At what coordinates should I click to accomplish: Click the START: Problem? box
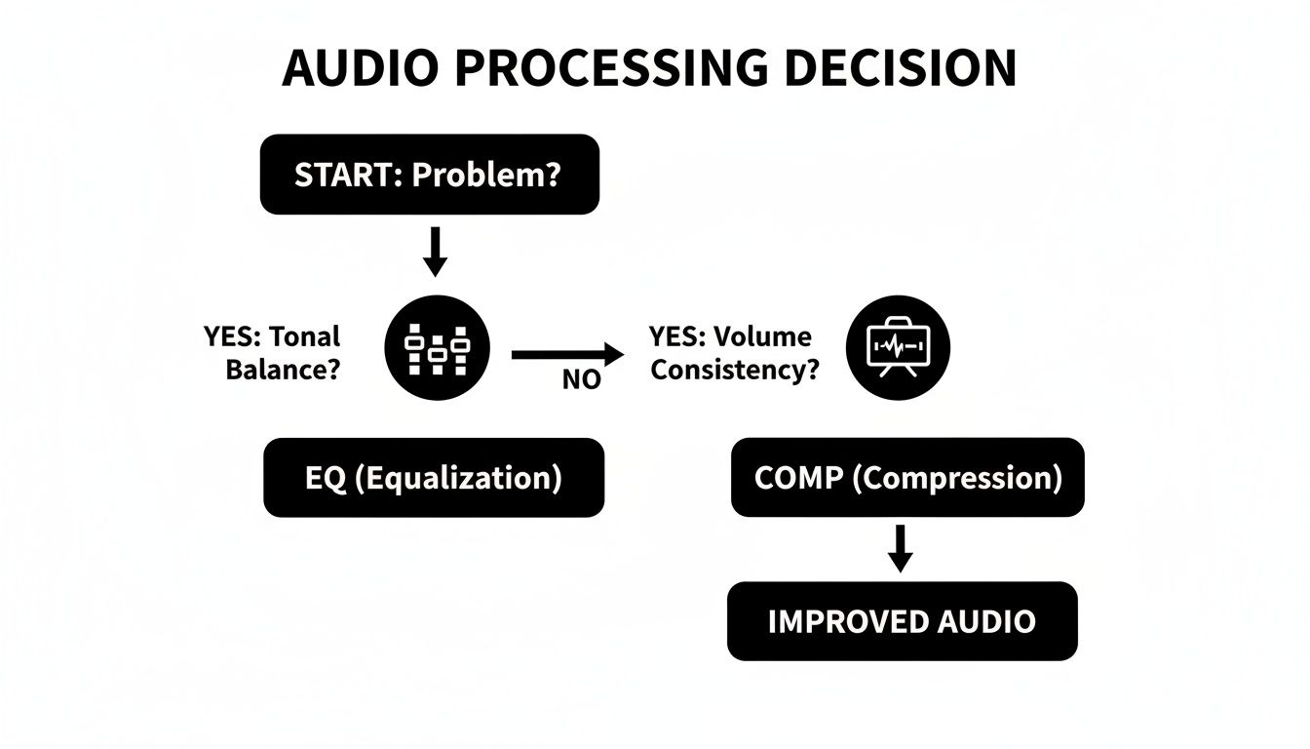pos(429,175)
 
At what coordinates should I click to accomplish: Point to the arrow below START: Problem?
pos(436,252)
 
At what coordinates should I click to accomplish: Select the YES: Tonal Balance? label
pos(273,353)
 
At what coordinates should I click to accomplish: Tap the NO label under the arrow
pos(581,380)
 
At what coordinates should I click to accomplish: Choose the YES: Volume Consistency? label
pos(733,353)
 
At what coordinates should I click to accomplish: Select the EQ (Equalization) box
pos(434,478)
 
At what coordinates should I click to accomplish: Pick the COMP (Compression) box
pos(907,478)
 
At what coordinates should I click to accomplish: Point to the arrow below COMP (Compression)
pos(901,549)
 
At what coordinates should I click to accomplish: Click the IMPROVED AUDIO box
pos(902,621)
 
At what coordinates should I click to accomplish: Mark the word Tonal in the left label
pos(304,336)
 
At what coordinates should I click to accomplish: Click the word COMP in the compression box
pos(793,478)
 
